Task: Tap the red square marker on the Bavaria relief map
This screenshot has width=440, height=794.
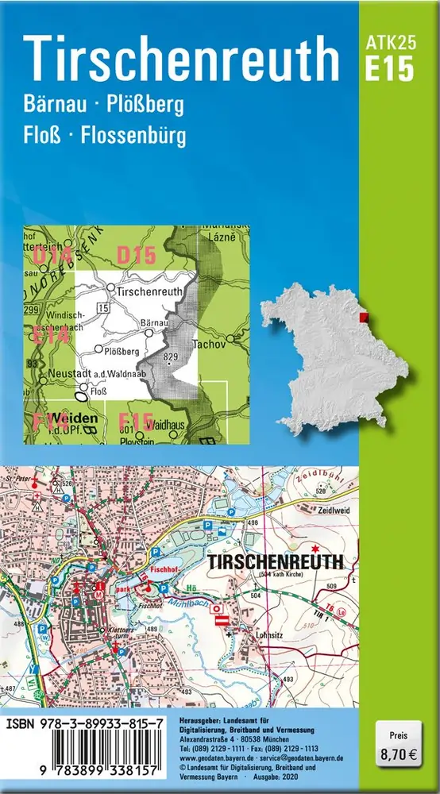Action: [x=376, y=318]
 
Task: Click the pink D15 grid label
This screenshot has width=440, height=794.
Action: [x=134, y=255]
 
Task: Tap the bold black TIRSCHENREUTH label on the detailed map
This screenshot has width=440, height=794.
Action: [x=275, y=561]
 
